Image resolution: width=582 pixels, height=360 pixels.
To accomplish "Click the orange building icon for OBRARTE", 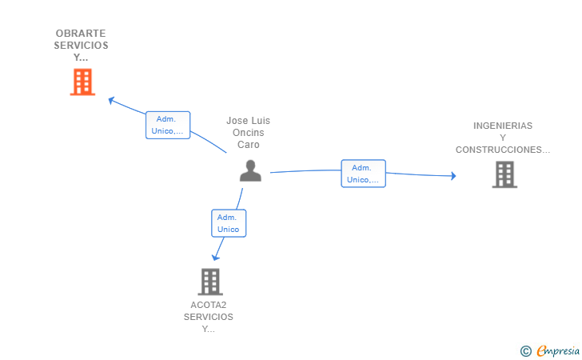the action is pos(82,82).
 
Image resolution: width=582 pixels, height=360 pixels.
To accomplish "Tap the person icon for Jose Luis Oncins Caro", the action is pos(250,170).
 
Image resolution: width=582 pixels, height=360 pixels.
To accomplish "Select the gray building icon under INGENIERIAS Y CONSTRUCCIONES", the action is pos(504,174).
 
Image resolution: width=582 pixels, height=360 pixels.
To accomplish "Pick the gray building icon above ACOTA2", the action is pos(210,282).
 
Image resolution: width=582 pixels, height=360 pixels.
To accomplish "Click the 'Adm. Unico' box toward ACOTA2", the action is pos(229,223).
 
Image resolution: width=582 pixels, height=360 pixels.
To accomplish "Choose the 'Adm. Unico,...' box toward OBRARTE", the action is pos(168,126).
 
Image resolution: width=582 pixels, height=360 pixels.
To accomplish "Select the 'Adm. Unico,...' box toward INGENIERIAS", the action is pos(364,174).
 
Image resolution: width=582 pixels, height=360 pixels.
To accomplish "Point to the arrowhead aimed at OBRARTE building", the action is pos(111,100).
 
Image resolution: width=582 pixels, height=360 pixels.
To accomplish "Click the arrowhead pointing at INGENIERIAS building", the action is pos(453,176).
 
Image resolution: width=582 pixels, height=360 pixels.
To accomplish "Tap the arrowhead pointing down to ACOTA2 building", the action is pos(215,258).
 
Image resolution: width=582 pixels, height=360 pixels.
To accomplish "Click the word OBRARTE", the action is pos(81,34).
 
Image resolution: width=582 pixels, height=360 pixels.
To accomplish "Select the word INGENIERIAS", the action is pos(503,126).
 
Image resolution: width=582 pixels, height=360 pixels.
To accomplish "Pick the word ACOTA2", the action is pos(208,305).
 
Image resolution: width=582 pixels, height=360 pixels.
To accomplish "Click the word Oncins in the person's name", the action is pos(249,133).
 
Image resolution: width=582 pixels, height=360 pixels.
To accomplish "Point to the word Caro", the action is pos(249,145).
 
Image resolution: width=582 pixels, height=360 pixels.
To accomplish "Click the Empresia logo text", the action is pos(558,351).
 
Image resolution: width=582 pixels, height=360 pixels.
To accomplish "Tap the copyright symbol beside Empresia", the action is pos(525,351).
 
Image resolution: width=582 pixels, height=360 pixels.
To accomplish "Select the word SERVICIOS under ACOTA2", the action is pos(208,317).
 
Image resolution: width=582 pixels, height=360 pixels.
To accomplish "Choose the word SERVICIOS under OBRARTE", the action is pos(81,46).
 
